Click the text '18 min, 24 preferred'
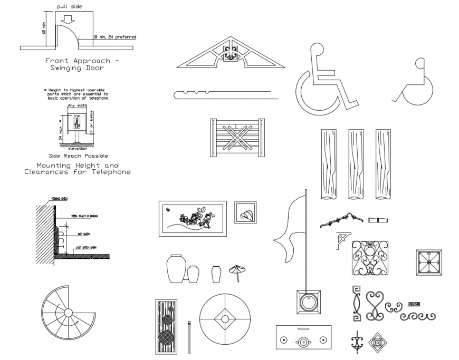(x=114, y=37)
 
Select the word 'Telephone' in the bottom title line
(x=111, y=172)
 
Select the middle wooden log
(x=356, y=164)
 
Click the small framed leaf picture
(x=245, y=213)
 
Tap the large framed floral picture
(x=192, y=218)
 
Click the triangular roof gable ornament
(x=229, y=53)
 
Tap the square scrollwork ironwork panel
(x=370, y=258)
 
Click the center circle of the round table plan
(x=225, y=319)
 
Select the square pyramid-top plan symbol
(x=428, y=262)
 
